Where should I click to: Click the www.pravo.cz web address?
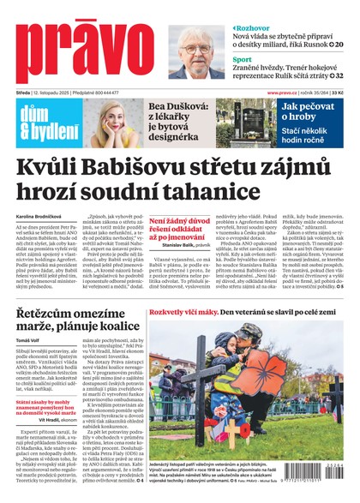(282, 93)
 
